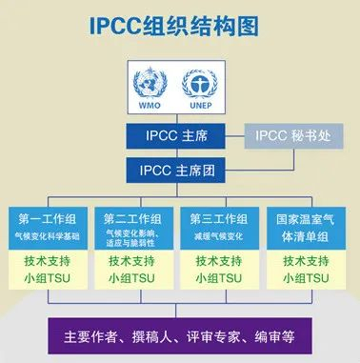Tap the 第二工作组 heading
(137, 218)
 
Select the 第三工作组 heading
(222, 218)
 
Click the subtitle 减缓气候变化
(222, 235)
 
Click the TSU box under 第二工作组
(137, 270)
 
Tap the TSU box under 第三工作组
(222, 270)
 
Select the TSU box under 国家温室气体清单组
(306, 270)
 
